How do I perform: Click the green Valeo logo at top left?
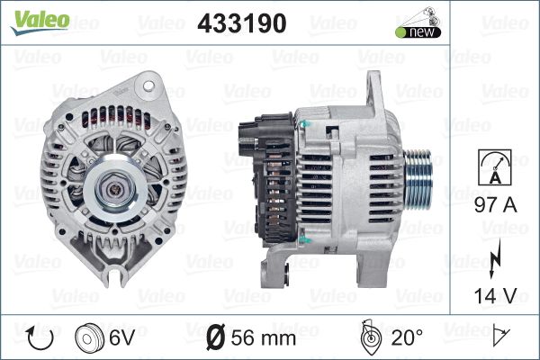40,22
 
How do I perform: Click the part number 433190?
242,23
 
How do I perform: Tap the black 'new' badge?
418,32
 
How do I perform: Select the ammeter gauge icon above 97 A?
495,167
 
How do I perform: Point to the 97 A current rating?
496,205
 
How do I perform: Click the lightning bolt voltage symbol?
495,258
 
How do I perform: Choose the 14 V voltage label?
496,295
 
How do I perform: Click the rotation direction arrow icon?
40,337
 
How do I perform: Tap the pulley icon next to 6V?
89,337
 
